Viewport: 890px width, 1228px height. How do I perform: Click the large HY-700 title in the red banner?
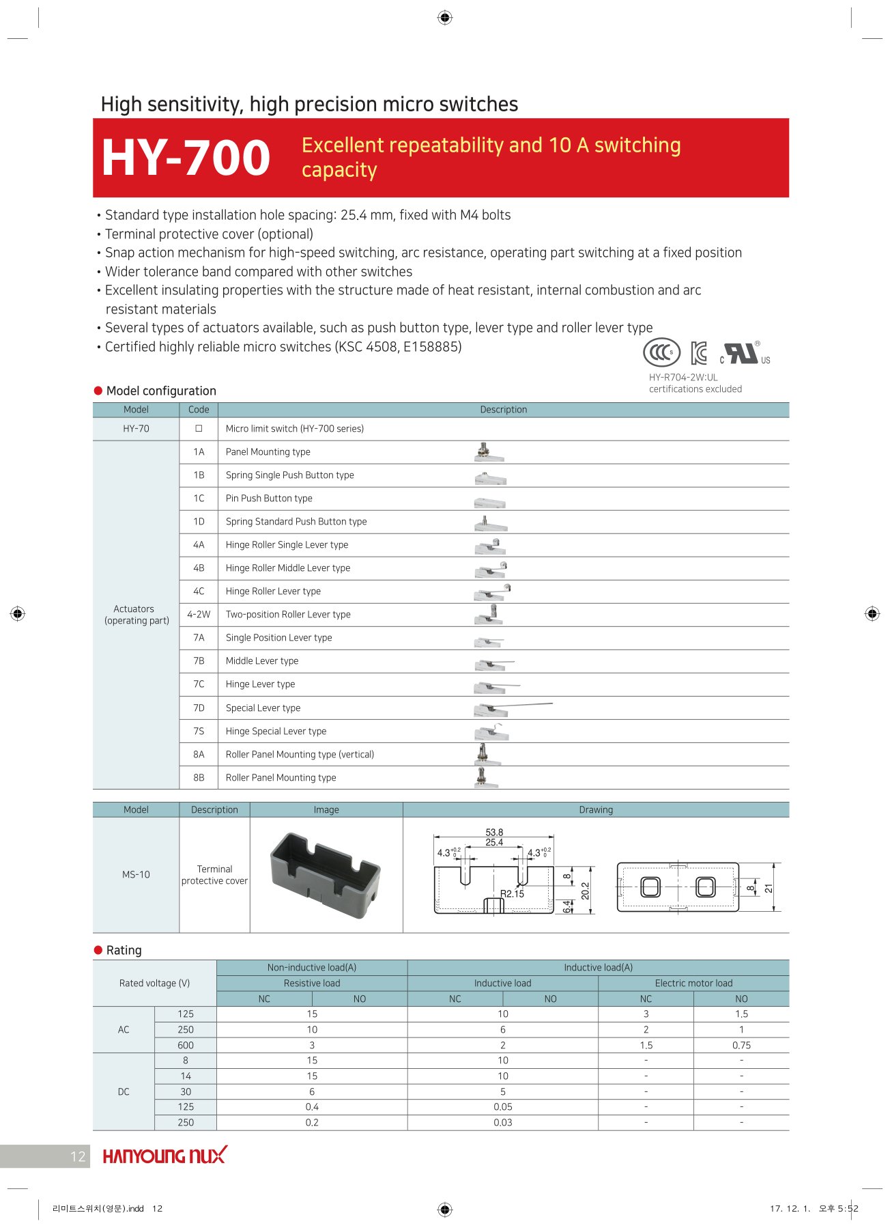click(186, 158)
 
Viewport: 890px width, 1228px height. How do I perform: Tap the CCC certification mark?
click(661, 352)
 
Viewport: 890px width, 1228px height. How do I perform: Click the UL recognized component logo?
click(743, 353)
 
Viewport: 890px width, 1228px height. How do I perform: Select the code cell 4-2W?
click(199, 615)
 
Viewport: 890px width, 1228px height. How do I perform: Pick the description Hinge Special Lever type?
click(276, 731)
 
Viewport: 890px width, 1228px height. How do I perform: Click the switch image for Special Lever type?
click(512, 708)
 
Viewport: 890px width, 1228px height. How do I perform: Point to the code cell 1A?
click(199, 452)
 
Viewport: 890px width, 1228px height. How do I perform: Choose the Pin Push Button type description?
click(269, 499)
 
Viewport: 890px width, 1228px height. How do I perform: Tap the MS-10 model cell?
click(136, 875)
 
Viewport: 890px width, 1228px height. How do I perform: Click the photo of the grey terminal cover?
click(326, 875)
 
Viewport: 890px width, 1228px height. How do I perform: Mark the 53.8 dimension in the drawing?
click(494, 833)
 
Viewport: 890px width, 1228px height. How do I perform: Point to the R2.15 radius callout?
click(512, 894)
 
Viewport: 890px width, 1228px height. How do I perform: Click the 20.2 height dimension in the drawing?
click(585, 891)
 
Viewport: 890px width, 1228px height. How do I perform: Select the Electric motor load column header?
click(693, 983)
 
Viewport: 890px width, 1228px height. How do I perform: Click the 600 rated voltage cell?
click(186, 1046)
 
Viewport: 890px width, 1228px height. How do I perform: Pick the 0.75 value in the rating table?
click(741, 1046)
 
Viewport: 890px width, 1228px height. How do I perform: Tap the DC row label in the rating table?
click(124, 1092)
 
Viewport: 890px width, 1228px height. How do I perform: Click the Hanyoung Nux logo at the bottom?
click(164, 1156)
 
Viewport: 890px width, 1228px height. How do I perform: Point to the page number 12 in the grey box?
click(78, 1156)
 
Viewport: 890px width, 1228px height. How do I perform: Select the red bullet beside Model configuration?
click(98, 391)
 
